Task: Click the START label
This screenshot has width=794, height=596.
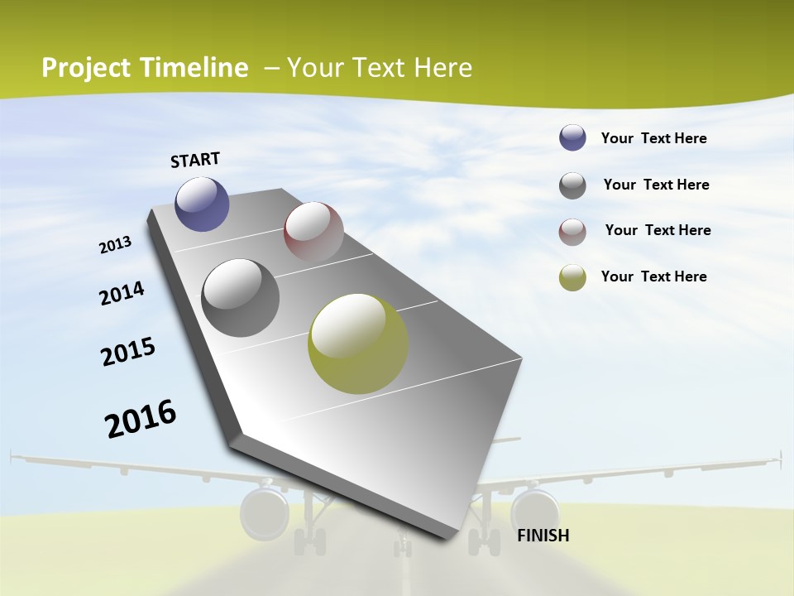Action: coord(195,160)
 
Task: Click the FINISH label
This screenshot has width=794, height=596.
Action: coord(543,536)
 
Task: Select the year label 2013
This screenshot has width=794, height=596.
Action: coord(116,245)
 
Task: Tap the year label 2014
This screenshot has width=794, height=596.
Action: coord(122,294)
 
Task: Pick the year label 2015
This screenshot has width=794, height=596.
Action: coord(128,352)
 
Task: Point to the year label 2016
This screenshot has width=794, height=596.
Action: coord(141,419)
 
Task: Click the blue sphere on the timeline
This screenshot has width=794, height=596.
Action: coord(202,204)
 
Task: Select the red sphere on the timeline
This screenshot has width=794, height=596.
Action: coord(313,232)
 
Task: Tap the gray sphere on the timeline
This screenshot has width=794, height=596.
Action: coord(241,298)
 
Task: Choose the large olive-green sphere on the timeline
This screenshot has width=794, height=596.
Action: coord(358,344)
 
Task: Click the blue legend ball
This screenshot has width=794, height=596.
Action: coord(572,138)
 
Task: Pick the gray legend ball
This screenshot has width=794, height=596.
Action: coord(572,185)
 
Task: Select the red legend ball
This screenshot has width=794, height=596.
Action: coord(572,232)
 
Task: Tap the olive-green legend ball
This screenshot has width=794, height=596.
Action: coord(572,277)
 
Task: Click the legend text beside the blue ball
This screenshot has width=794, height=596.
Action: coord(653,138)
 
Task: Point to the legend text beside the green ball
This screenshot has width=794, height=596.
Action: coord(653,276)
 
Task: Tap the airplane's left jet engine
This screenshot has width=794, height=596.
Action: coord(264,513)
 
